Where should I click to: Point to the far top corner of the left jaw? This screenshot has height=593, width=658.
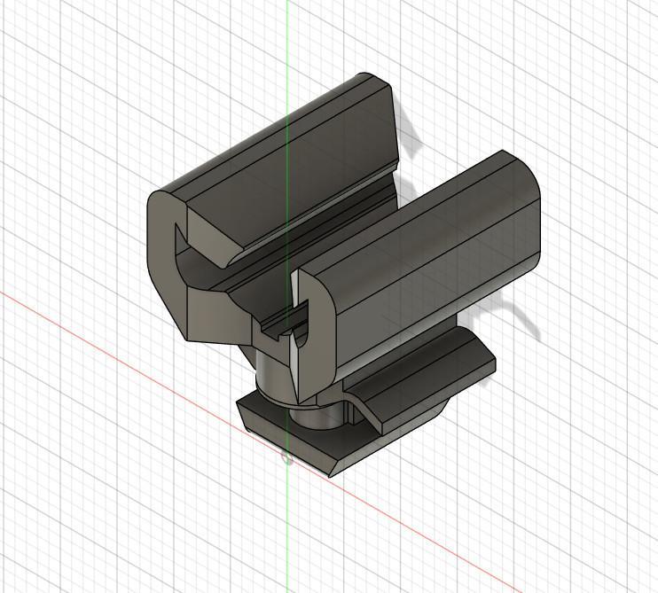click(376, 81)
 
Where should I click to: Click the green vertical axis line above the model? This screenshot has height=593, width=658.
click(287, 35)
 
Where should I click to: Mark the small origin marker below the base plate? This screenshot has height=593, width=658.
click(286, 457)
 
